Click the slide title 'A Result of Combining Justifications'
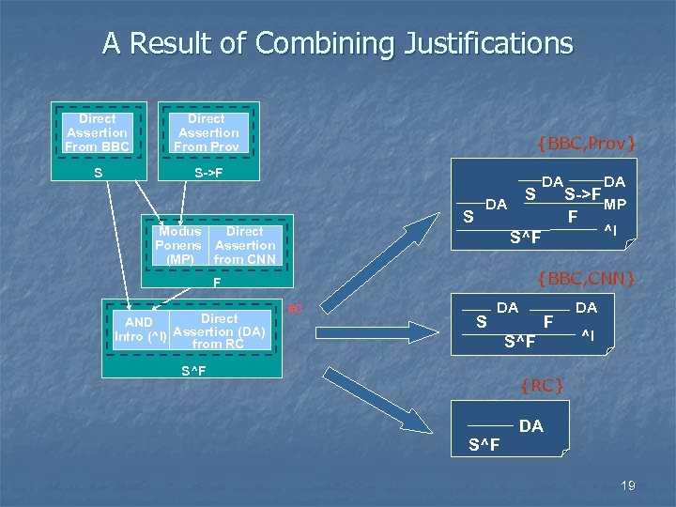[337, 43]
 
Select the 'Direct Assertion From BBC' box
[98, 132]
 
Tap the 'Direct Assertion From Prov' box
[207, 132]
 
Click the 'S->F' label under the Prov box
[207, 175]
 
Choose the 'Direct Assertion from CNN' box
[245, 245]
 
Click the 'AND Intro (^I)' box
[140, 330]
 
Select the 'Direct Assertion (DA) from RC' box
[220, 331]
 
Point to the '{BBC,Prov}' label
[587, 144]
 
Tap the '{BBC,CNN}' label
[586, 278]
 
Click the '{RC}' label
[542, 384]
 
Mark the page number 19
[628, 485]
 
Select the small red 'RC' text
[294, 309]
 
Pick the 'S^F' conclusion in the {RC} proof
[484, 444]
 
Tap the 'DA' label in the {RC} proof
[530, 426]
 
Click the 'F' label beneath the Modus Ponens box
[217, 282]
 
